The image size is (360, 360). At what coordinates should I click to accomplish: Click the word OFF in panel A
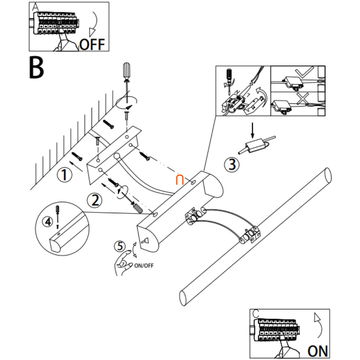(x=92, y=45)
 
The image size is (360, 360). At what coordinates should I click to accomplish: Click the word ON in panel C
(x=318, y=351)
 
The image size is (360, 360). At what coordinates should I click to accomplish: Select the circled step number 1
(x=64, y=175)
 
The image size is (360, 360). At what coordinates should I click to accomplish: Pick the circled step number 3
(x=232, y=164)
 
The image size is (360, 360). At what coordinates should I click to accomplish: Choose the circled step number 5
(x=120, y=246)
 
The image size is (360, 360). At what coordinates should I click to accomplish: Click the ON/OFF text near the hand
(x=144, y=265)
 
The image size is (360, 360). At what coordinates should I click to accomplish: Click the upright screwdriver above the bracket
(x=126, y=77)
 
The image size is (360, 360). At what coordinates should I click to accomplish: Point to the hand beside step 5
(x=122, y=264)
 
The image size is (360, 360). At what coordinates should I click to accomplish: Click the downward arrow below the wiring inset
(x=252, y=130)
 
